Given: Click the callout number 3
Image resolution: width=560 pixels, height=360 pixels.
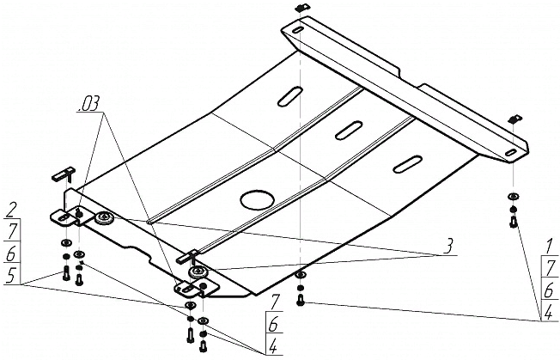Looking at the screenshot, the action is (448, 247).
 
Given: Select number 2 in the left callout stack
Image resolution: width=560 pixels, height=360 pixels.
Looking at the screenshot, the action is (12, 211).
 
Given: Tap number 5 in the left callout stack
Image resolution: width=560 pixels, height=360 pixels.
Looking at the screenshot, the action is (10, 275).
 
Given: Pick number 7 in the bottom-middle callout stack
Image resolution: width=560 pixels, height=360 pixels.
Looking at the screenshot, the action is (273, 302).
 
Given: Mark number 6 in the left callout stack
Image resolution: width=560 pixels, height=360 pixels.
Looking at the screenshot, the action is (11, 253).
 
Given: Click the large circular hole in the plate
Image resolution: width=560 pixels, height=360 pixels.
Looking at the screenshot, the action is (258, 198).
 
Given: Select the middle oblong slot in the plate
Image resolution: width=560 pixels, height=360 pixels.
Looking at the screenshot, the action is (349, 131).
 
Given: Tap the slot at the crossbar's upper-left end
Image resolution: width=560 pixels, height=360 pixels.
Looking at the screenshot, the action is (297, 30).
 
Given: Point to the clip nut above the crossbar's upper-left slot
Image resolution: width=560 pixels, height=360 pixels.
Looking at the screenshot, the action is (301, 8).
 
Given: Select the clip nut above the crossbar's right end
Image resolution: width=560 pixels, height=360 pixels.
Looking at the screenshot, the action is (514, 119).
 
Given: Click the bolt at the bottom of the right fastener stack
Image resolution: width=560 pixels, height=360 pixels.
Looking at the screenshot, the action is (514, 223).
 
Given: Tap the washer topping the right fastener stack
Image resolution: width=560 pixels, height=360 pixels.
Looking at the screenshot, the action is (513, 196).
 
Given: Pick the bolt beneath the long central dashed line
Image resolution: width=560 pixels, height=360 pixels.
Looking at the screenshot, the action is (300, 300).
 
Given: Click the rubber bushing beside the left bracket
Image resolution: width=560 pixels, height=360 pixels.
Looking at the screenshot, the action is (104, 217).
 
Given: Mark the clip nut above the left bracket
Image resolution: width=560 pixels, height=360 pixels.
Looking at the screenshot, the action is (65, 174).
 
